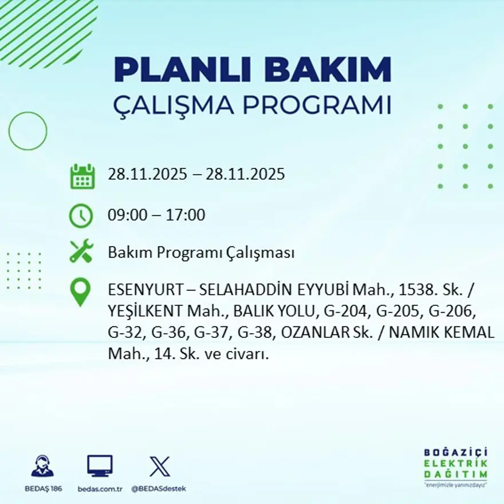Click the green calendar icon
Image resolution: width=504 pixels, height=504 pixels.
[82, 176]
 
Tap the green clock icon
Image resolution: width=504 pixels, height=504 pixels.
[81, 216]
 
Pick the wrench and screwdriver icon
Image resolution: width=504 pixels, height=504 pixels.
[81, 252]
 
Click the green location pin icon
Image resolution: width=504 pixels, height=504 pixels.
[81, 292]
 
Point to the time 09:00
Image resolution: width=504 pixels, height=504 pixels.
[125, 215]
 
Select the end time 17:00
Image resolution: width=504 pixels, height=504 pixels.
[186, 215]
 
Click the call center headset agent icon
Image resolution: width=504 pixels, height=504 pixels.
[42, 466]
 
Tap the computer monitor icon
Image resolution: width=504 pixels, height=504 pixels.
[100, 466]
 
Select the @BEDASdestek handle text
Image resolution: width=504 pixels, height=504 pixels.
[159, 489]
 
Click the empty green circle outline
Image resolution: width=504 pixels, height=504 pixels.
[27, 131]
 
